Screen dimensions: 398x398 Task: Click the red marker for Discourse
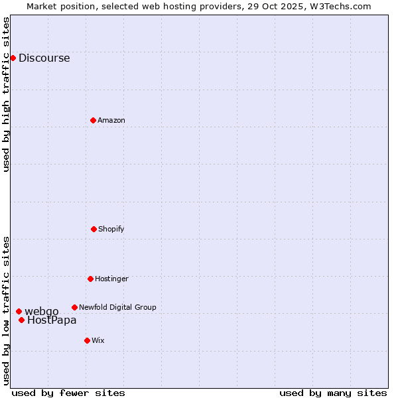point(13,58)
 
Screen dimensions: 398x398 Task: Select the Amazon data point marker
point(93,120)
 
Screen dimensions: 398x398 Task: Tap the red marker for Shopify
point(94,229)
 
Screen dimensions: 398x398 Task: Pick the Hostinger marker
point(90,279)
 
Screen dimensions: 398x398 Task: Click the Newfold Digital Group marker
point(74,307)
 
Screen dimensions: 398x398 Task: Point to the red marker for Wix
point(87,340)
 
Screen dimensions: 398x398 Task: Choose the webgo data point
point(19,311)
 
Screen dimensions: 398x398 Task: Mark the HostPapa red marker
point(21,320)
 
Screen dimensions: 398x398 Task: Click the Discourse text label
point(44,58)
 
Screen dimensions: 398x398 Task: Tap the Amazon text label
point(111,120)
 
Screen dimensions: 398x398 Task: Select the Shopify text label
point(111,229)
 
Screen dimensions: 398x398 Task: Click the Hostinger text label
point(111,279)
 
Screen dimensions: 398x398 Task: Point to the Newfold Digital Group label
point(117,307)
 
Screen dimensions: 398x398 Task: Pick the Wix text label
point(98,340)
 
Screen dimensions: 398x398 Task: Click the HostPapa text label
point(52,320)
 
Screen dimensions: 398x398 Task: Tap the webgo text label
point(42,311)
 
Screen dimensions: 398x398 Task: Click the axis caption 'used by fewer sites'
point(68,393)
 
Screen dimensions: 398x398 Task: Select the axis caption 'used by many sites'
point(333,393)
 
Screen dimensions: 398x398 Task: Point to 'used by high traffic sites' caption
point(7,94)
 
